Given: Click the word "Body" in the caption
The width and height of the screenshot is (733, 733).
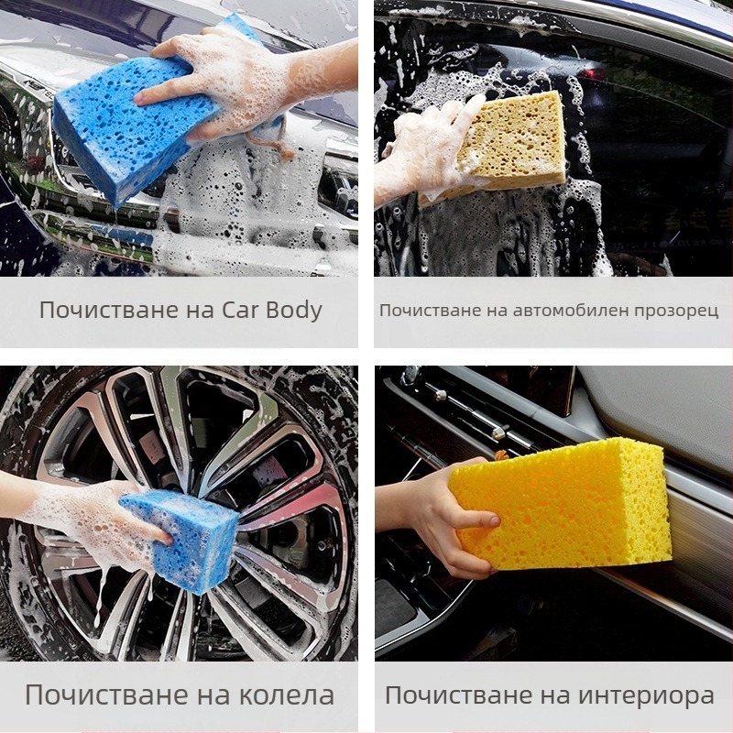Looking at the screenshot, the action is pos(294,311).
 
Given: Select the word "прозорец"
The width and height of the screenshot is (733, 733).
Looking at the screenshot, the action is pos(676,312).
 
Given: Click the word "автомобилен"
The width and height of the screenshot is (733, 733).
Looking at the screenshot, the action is pos(571,311).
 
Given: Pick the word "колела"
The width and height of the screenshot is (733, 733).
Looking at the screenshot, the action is pos(287,695).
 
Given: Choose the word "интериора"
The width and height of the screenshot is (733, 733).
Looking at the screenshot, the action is pos(647,695).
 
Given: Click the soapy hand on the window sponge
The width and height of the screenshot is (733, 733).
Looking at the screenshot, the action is pos(421,149).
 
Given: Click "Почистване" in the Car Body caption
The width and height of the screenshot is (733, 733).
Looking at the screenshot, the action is pos(110,310).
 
